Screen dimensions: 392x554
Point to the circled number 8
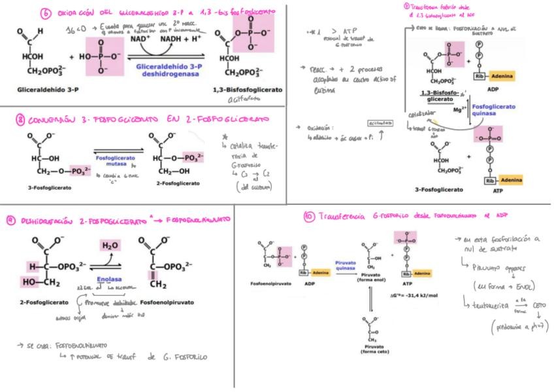tap(20, 120)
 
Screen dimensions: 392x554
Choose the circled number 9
tap(12, 219)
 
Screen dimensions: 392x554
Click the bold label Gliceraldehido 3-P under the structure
tap(41, 88)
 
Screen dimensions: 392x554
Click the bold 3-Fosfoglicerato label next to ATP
tap(440, 190)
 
